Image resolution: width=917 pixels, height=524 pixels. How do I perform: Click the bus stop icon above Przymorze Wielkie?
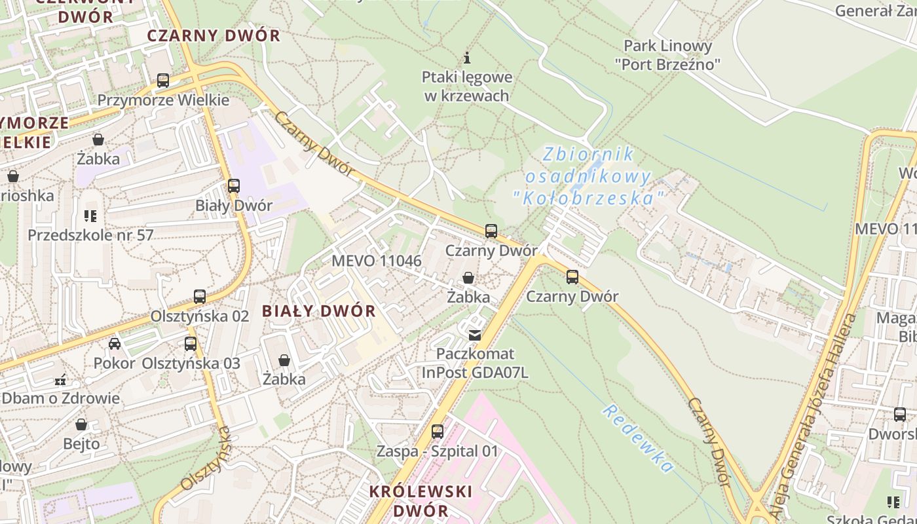tap(163, 81)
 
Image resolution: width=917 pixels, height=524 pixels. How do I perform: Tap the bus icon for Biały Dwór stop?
tap(234, 185)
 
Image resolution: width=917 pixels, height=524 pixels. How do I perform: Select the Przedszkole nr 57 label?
tap(90, 234)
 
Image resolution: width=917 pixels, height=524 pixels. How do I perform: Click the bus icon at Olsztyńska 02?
tap(200, 296)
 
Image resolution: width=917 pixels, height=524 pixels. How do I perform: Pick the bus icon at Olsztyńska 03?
tap(191, 343)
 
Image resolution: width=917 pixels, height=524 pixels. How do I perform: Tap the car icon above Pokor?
tap(115, 343)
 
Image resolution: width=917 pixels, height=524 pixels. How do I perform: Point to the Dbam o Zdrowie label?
tap(61, 398)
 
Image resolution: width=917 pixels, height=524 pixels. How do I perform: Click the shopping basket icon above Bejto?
tap(81, 424)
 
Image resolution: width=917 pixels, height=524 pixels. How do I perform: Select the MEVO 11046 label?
tap(377, 261)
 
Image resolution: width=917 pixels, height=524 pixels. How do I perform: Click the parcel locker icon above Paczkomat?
tap(475, 335)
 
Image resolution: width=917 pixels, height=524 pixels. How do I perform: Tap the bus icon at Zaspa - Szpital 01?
tap(438, 432)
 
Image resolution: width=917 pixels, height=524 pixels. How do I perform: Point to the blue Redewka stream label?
tap(638, 438)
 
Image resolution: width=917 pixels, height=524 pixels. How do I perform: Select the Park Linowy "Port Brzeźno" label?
tap(667, 55)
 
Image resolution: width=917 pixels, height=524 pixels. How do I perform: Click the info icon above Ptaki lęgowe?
tap(467, 58)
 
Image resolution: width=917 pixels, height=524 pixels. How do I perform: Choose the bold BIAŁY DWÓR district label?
tap(319, 311)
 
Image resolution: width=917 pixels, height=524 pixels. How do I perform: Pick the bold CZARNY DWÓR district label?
tap(214, 35)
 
